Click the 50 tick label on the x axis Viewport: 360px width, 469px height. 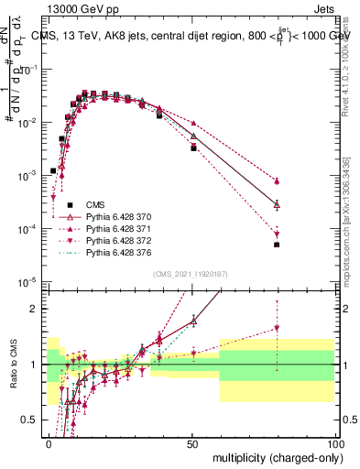[191, 442]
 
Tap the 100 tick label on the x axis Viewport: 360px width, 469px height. [333, 442]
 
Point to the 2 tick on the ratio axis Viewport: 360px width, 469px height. [35, 309]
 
